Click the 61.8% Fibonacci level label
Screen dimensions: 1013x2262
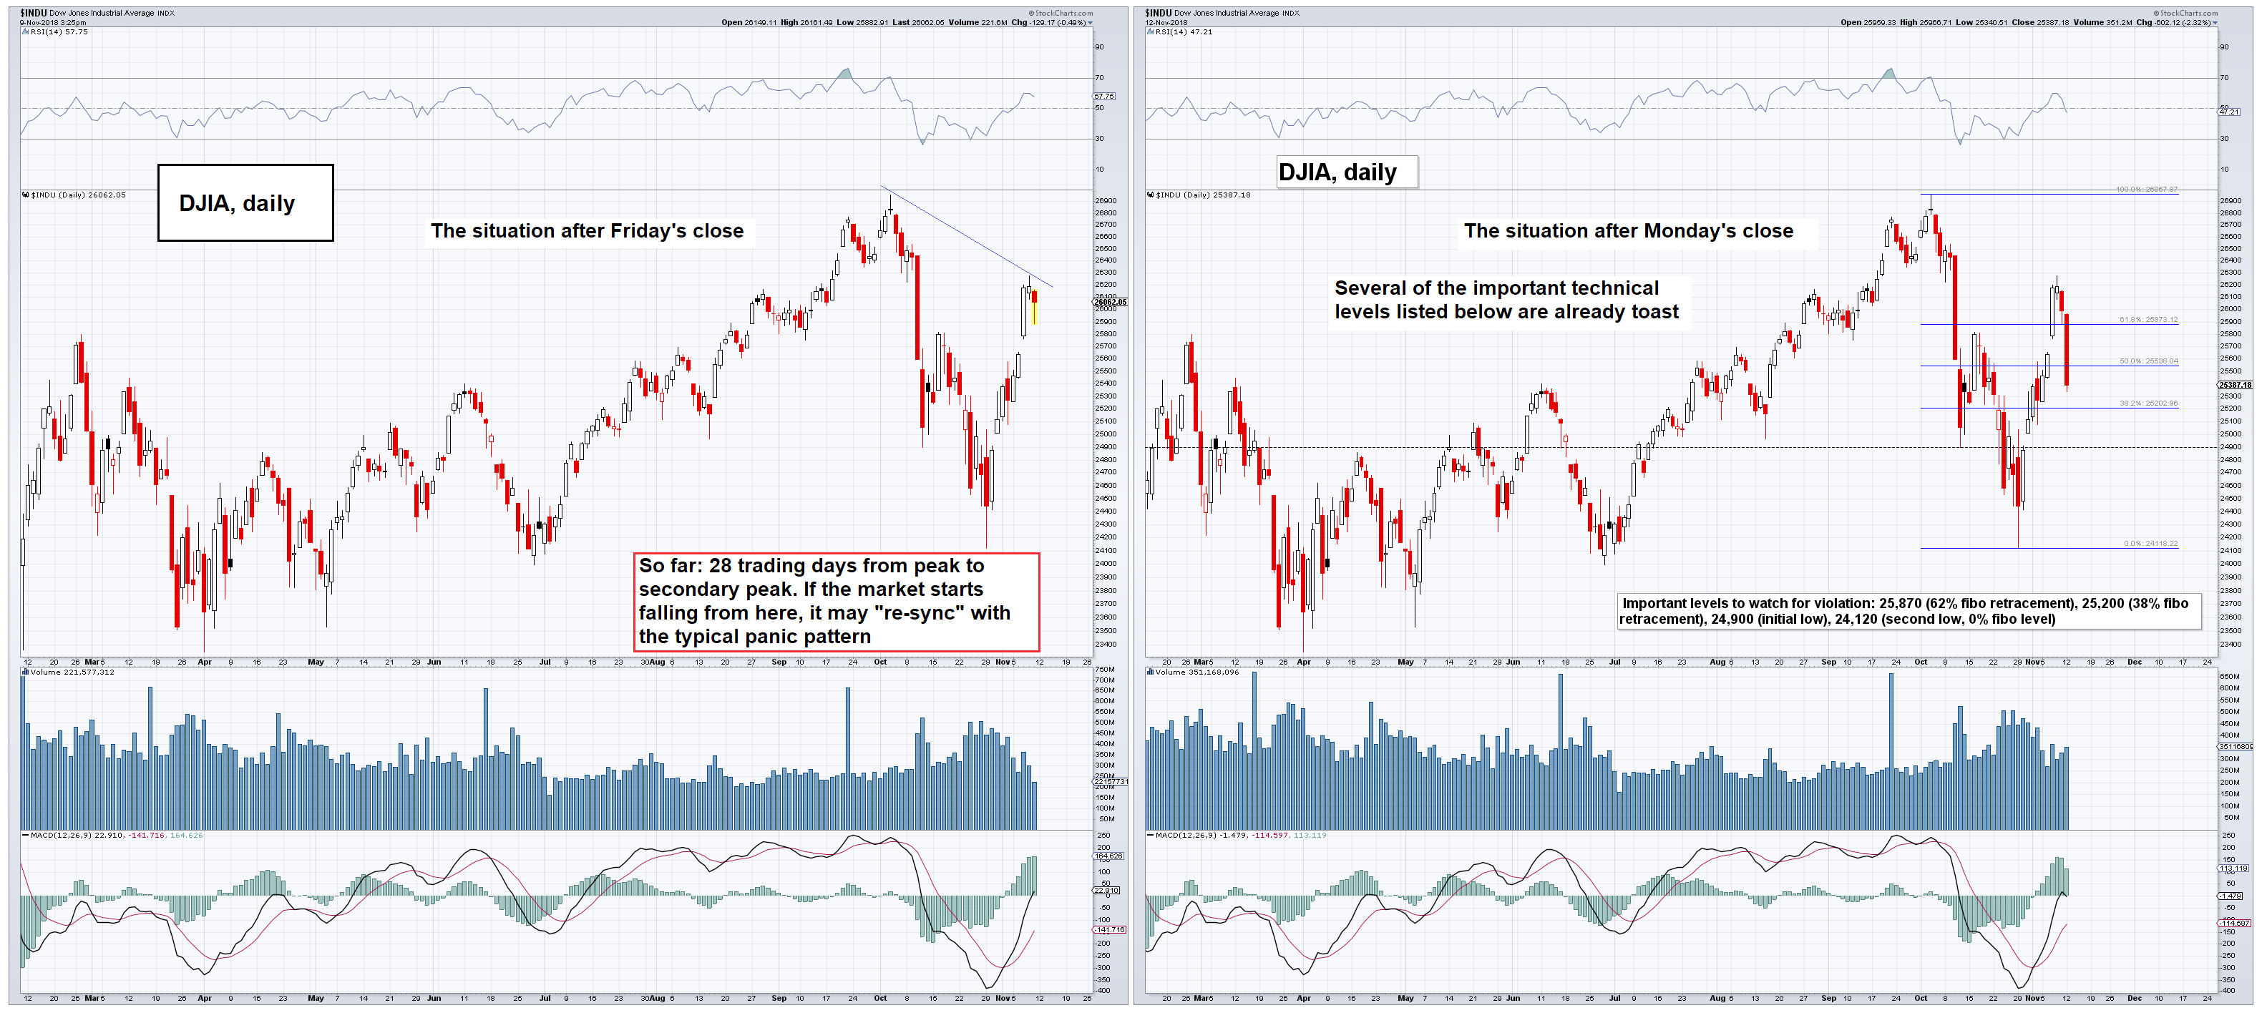(x=2148, y=320)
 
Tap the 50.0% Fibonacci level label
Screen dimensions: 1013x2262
(x=2148, y=361)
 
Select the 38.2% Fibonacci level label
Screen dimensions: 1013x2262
(x=2148, y=403)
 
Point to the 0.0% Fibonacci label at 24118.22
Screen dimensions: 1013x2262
(x=2150, y=544)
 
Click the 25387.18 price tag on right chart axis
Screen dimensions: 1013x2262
(x=2235, y=384)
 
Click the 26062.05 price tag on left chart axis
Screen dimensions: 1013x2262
(x=1110, y=302)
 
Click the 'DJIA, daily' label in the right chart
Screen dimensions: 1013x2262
(x=1337, y=172)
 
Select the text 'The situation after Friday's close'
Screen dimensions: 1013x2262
(x=587, y=231)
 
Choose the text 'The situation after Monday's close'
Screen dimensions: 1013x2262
(x=1628, y=231)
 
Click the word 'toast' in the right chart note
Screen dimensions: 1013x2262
(x=1654, y=312)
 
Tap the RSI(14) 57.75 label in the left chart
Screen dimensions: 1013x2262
(x=59, y=31)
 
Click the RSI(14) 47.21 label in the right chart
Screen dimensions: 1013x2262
(x=1184, y=31)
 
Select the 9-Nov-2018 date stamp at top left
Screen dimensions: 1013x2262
(x=53, y=23)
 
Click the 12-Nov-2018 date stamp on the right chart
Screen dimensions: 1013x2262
(x=1166, y=23)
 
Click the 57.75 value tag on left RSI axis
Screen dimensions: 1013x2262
(x=1103, y=96)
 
